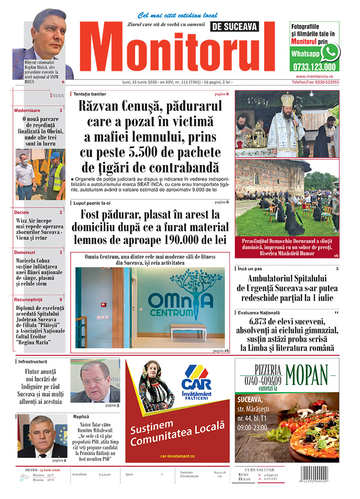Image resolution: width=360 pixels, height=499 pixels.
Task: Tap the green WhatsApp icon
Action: [x=330, y=52]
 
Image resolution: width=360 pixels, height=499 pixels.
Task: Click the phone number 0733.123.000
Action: [x=314, y=67]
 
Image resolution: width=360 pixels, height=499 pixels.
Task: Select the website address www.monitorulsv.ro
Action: [x=314, y=76]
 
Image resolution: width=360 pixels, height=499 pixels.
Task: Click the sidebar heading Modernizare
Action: [x=27, y=110]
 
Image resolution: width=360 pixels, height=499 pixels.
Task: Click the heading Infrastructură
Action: [x=33, y=361]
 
